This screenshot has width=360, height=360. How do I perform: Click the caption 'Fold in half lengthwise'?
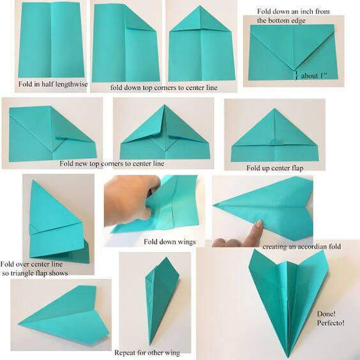[52, 84]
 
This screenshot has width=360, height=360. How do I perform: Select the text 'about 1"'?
[315, 75]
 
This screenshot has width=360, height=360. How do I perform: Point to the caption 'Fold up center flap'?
[274, 167]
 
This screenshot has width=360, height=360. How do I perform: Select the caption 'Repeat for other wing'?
[147, 352]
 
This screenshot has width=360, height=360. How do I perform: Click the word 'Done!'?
[327, 313]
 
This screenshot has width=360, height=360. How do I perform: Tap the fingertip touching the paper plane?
[259, 224]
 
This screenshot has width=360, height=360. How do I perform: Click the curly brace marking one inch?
[294, 75]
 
